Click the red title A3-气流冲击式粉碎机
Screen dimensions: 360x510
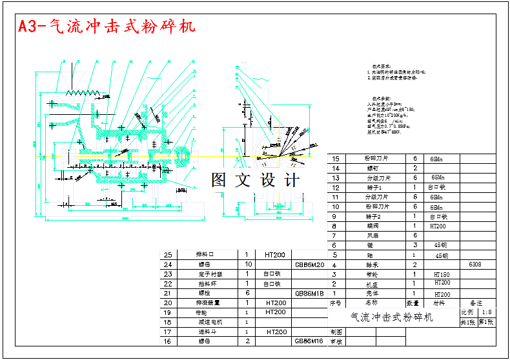[x=106, y=27]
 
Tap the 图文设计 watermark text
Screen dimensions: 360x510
[x=255, y=180]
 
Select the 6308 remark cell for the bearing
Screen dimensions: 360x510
[x=474, y=264]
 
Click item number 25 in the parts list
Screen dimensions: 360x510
[x=169, y=254]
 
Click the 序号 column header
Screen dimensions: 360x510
[x=334, y=302]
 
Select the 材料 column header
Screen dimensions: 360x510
[x=439, y=302]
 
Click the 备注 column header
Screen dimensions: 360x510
[x=476, y=302]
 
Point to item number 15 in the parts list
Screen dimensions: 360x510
[x=334, y=159]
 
